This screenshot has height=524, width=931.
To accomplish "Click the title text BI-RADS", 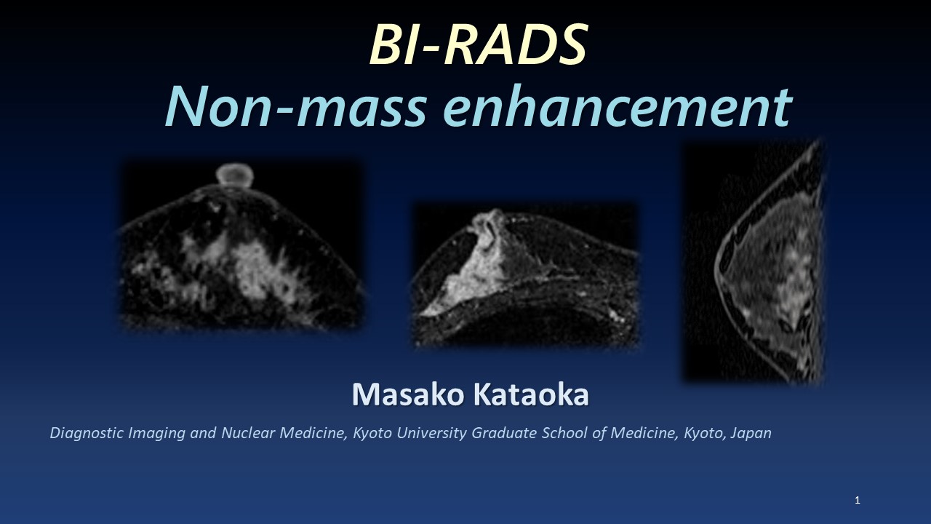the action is (x=478, y=44).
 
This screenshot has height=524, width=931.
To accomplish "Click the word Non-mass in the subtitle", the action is (x=296, y=106).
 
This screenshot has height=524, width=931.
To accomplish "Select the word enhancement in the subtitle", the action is (x=618, y=106).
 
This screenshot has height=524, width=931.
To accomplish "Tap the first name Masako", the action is (x=407, y=394).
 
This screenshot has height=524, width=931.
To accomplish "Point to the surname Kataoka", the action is (x=531, y=394).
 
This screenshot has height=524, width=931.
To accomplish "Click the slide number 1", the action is (x=858, y=500).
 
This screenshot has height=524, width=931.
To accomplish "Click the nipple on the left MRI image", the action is (x=235, y=174).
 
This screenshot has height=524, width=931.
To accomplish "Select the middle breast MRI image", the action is (x=525, y=275).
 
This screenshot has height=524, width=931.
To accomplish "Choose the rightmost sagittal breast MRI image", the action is (x=754, y=262).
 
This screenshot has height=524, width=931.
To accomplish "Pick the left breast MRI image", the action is (x=241, y=245).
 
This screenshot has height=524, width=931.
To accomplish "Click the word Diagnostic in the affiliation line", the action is (x=87, y=433).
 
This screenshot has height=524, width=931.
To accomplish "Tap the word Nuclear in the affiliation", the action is (x=248, y=433).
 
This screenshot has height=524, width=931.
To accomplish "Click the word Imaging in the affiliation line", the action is (x=156, y=433).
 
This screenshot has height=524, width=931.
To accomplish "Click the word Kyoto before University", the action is (x=372, y=433).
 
